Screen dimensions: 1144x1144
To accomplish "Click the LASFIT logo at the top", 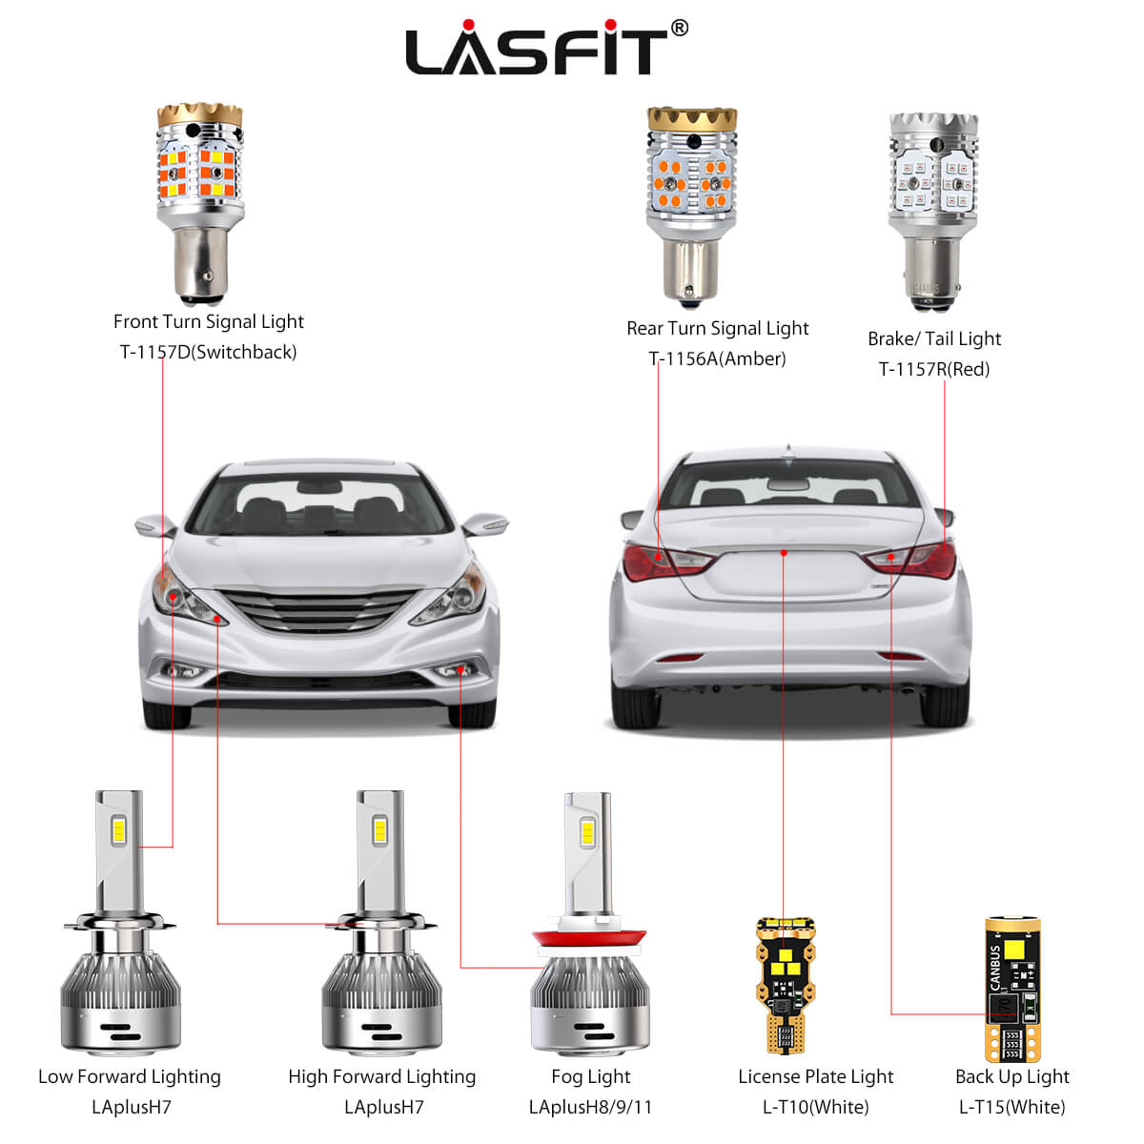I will point(536,50).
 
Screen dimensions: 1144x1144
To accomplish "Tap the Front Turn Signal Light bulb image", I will point(199,200).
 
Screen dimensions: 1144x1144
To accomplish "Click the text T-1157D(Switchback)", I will point(208,352).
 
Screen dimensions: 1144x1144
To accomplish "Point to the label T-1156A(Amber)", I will point(717,358).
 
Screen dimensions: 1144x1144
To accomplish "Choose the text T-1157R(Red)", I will point(933,369).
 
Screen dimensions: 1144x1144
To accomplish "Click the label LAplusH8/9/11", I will point(590,1107).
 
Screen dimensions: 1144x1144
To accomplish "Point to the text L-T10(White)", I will point(815,1107).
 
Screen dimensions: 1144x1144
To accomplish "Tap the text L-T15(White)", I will point(1011,1107).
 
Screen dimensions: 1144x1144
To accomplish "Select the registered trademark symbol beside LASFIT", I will point(679,29).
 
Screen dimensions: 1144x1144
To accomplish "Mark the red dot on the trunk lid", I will point(784,552).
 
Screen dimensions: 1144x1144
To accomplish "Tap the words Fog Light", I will point(590,1076).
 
